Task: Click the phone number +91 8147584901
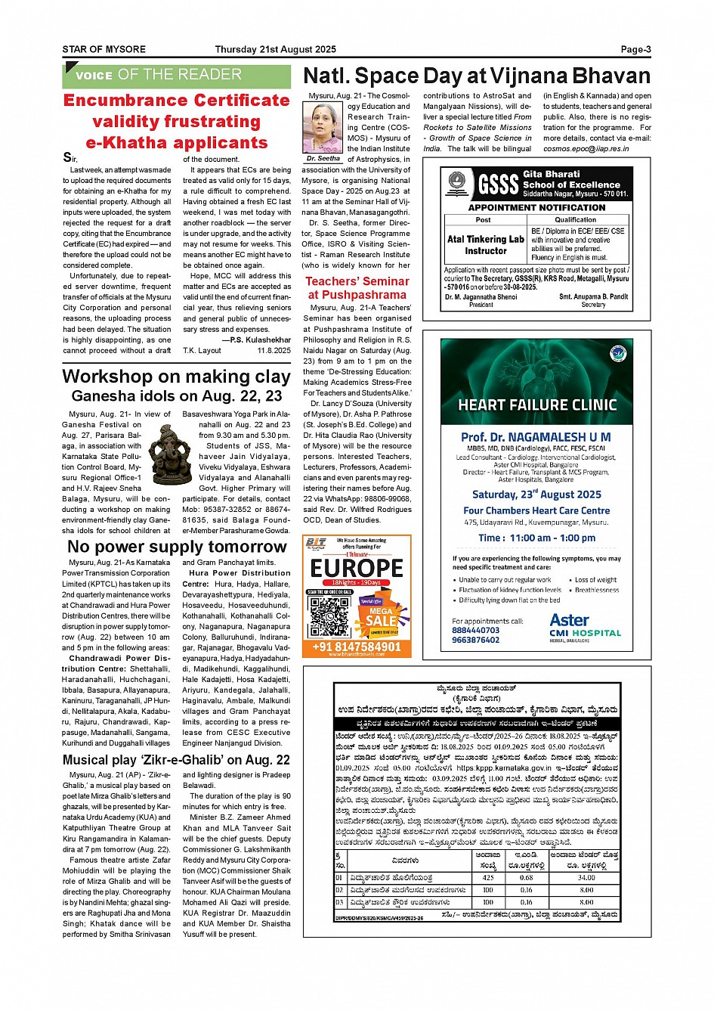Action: [x=357, y=647]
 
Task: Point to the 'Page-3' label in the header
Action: [x=635, y=50]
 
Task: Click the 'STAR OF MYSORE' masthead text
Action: [x=104, y=50]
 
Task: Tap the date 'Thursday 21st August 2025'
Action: [x=274, y=50]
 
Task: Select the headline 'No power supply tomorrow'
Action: [x=177, y=547]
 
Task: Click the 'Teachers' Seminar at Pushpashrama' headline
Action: [x=357, y=288]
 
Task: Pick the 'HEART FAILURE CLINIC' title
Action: [x=536, y=405]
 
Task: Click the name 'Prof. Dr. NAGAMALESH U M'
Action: [x=536, y=437]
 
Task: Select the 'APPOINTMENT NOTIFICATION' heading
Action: [x=536, y=207]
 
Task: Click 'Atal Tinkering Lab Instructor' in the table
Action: [x=485, y=244]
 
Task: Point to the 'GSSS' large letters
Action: [x=498, y=185]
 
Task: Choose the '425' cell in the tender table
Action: [x=488, y=878]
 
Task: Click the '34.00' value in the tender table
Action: [x=586, y=878]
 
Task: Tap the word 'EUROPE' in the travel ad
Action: [x=357, y=567]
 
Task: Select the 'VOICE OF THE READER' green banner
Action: [x=177, y=75]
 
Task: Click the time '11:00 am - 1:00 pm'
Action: [x=536, y=538]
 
